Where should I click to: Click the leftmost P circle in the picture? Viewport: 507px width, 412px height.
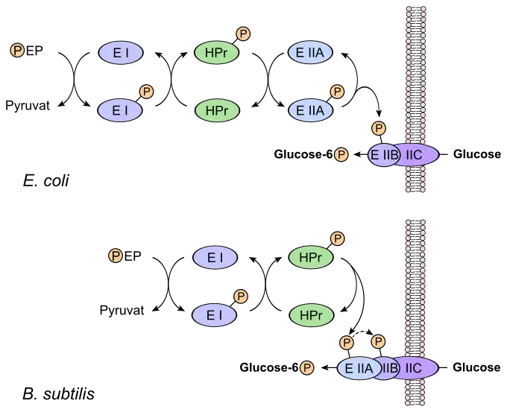point(17,51)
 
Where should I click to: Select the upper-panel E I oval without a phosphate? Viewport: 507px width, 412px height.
point(120,53)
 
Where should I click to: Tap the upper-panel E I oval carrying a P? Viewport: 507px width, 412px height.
point(120,110)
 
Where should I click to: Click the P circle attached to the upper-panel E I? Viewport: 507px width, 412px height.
point(147,92)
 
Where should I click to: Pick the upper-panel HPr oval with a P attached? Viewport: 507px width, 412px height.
point(216,53)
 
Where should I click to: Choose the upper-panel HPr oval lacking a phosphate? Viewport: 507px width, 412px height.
point(216,110)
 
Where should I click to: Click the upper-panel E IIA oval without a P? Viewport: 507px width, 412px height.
point(310,53)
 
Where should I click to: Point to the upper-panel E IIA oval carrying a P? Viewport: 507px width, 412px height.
point(310,110)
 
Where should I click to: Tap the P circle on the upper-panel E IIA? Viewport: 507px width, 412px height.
point(337,92)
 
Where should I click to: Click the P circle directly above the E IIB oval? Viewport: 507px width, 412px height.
point(379,129)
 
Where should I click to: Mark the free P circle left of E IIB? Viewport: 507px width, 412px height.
point(341,155)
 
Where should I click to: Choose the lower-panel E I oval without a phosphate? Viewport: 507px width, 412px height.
point(215,258)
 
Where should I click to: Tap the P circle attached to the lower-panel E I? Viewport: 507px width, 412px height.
point(241,297)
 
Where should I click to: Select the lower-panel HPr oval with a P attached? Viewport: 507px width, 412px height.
point(310,258)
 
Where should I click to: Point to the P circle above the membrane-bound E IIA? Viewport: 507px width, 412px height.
point(346,342)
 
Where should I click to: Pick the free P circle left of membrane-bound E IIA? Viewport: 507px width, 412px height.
point(306,367)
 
